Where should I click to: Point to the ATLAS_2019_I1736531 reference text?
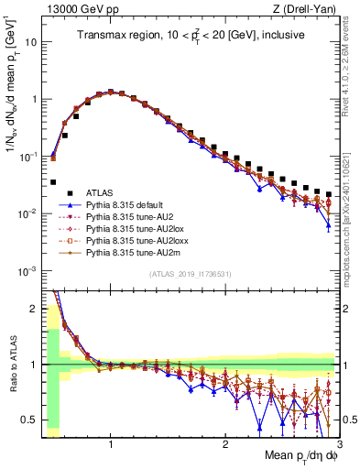tap(191, 274)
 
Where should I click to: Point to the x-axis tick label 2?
tap(225, 444)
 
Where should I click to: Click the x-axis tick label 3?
tap(339, 444)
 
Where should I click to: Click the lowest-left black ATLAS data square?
tap(54, 182)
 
